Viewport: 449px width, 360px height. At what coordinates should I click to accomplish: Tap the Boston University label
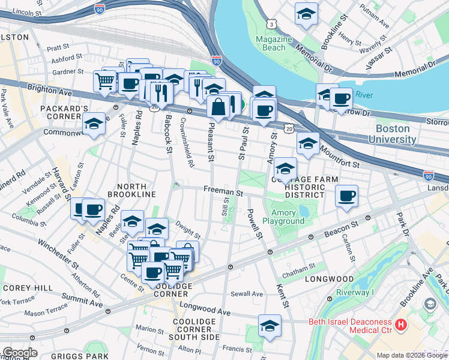pos(396,134)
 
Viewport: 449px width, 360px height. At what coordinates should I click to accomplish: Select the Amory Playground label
pos(288,217)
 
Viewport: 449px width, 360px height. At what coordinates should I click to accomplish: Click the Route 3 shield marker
pos(273,24)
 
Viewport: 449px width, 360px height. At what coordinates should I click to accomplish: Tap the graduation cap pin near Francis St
pos(270,326)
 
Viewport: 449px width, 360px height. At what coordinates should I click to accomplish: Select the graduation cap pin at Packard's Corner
pos(93,125)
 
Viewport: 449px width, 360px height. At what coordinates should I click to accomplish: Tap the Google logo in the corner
pos(20,353)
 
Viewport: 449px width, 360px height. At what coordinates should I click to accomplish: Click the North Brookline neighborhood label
pos(131,190)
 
